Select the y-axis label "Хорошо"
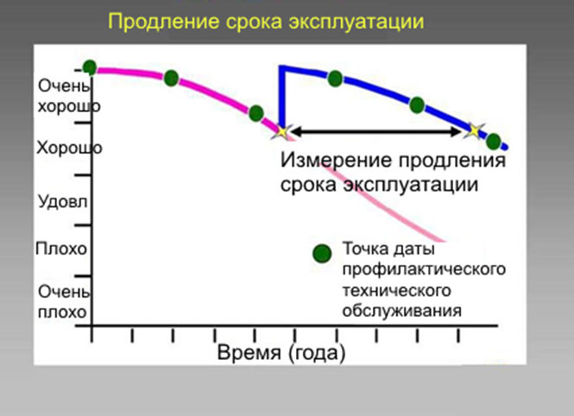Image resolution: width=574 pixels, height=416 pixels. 69,148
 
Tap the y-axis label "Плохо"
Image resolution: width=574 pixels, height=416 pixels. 61,249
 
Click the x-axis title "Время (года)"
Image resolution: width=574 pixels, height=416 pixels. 281,353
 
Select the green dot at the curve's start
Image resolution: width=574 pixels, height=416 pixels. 89,66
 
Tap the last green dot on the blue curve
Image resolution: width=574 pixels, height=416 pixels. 493,141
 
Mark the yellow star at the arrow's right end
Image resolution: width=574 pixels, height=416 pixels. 472,130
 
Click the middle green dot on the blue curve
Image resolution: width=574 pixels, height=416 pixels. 417,104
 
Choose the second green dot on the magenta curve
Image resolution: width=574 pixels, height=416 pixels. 171,78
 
